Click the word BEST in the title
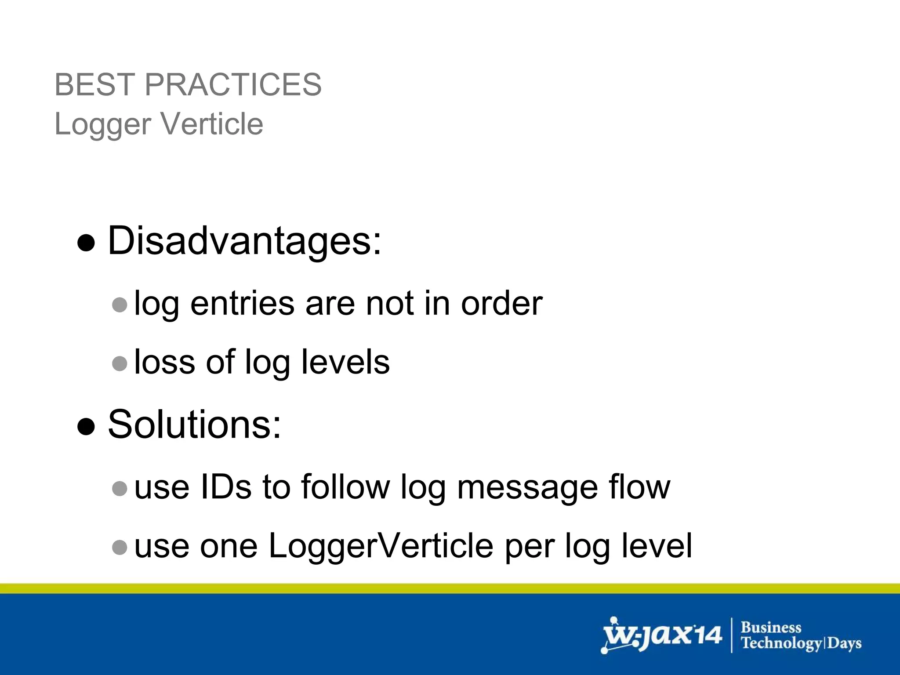[x=94, y=84]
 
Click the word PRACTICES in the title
[x=233, y=84]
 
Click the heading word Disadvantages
[x=244, y=241]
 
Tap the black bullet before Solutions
[x=86, y=426]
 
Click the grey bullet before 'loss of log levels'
[x=120, y=363]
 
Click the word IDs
[x=225, y=487]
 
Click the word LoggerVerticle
[x=381, y=546]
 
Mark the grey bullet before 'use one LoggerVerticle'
[x=120, y=547]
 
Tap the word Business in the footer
[x=771, y=628]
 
